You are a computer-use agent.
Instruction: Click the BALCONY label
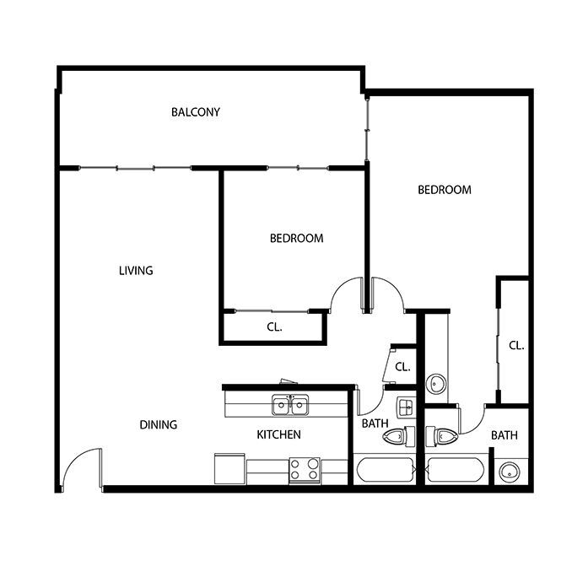coord(196,111)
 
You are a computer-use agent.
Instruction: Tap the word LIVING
coord(136,270)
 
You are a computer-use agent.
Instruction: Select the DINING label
coord(159,424)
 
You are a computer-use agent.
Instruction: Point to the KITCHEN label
coord(278,434)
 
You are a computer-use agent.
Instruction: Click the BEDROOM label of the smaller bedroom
coord(297,238)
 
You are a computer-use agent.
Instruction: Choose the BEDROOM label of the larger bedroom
coord(445,190)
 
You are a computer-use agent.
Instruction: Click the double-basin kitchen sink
coord(290,405)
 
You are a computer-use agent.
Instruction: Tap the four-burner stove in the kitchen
coord(305,470)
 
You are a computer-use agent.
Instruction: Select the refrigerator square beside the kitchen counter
coord(229,469)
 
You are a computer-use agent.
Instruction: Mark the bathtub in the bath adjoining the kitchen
coord(385,470)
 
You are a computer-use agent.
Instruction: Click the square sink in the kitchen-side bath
coord(406,407)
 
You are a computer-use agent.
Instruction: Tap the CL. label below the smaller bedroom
coord(274,327)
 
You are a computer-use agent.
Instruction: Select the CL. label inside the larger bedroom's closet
coord(516,345)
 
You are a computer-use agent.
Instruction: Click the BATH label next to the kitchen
coord(375,423)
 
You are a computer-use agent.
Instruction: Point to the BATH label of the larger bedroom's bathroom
coord(504,435)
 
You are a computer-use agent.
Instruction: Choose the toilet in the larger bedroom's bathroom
coord(442,436)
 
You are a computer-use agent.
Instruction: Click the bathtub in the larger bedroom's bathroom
coord(455,470)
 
